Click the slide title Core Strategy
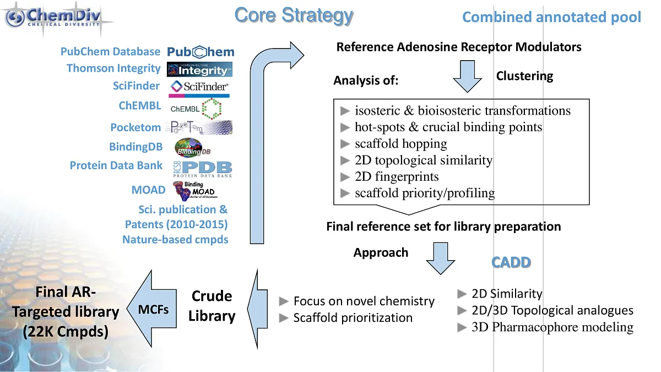(x=294, y=15)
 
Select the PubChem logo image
(x=201, y=52)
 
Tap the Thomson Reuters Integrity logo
(x=199, y=69)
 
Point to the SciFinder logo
(x=199, y=87)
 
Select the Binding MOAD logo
(x=194, y=191)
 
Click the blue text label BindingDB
(x=136, y=147)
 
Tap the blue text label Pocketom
(x=136, y=127)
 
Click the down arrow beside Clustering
(x=468, y=76)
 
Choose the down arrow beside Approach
(x=440, y=258)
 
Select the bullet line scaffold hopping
(x=400, y=144)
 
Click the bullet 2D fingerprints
(x=397, y=177)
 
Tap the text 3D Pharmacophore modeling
(x=552, y=327)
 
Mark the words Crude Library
(x=212, y=306)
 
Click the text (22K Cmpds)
(x=65, y=332)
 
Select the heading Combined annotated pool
(x=551, y=17)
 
